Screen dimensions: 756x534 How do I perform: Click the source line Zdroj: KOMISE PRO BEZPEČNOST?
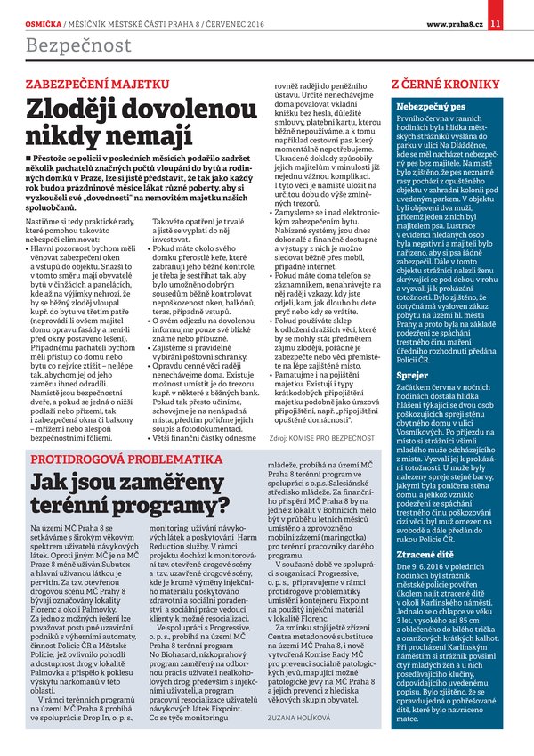(316, 439)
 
